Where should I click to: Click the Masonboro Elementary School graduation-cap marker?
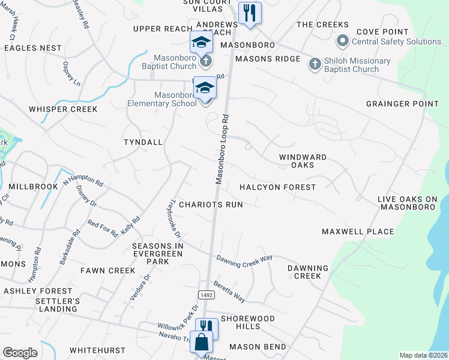(205, 88)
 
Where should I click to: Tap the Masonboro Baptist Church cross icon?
(205, 61)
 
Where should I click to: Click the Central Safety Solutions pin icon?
(343, 41)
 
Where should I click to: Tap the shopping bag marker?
(202, 343)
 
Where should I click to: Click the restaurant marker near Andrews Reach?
(249, 13)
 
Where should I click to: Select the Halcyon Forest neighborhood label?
(277, 187)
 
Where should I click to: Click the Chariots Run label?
(211, 205)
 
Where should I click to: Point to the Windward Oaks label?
(303, 161)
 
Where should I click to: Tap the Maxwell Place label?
(358, 232)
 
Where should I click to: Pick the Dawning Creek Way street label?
(244, 259)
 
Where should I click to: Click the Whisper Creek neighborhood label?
(63, 109)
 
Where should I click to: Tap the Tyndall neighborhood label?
(143, 142)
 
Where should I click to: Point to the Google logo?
(20, 353)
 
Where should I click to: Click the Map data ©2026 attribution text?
(423, 355)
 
